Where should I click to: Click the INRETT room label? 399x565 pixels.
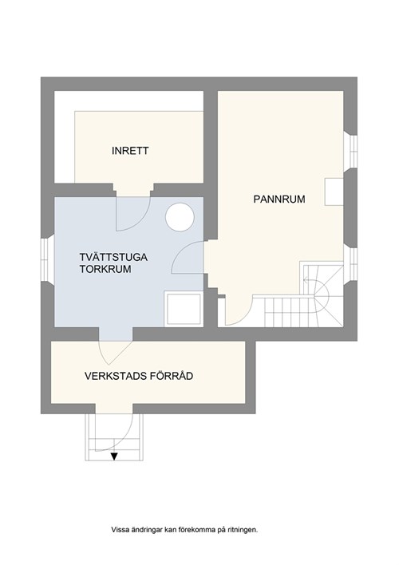[131, 151]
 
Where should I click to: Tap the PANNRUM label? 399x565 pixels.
[279, 200]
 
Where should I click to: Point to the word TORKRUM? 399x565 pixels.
[105, 271]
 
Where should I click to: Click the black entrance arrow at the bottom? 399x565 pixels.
[114, 456]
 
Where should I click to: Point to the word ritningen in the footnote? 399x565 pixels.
[240, 529]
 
